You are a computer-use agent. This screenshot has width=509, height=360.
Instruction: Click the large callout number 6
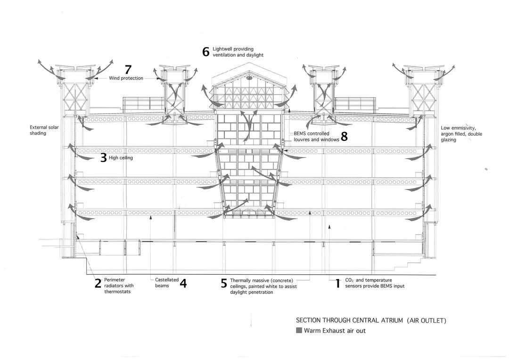(x=206, y=52)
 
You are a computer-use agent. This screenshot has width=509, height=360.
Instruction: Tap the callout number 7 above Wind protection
(x=128, y=69)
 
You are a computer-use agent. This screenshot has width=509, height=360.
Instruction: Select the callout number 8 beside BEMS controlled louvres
(x=344, y=136)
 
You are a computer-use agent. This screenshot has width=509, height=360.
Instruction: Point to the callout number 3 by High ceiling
(x=104, y=158)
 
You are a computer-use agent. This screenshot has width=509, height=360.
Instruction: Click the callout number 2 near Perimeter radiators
(x=98, y=283)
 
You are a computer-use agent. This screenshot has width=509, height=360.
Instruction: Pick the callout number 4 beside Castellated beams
(x=183, y=283)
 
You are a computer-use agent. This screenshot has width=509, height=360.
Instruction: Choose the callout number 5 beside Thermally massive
(x=224, y=283)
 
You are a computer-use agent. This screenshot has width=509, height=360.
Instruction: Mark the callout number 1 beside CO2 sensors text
(x=338, y=283)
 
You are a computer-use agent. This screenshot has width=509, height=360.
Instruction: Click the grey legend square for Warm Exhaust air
(x=299, y=330)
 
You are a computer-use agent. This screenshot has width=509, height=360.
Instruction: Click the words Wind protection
(x=126, y=78)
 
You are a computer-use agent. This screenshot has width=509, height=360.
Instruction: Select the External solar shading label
(x=44, y=130)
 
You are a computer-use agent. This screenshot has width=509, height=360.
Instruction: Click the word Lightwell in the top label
(x=222, y=49)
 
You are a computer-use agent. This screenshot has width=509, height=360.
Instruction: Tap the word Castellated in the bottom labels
(x=167, y=280)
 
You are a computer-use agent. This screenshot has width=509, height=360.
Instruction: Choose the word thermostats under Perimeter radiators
(x=117, y=292)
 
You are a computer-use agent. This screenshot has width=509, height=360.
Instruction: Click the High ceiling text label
(x=121, y=158)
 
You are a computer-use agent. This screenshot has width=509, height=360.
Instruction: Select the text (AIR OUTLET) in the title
(x=427, y=320)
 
